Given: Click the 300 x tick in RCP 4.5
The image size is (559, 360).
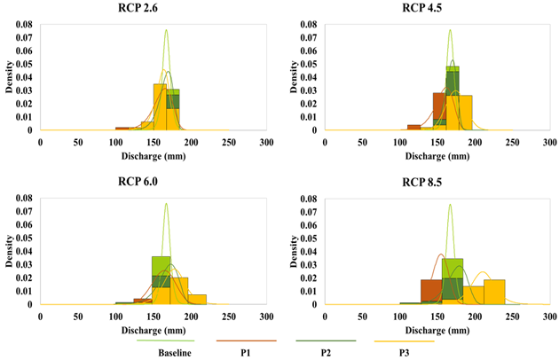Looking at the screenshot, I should coord(548,142).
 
